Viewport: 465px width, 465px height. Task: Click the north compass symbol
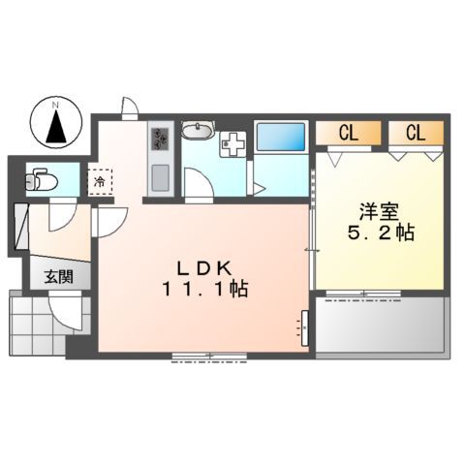pyautogui.click(x=56, y=122)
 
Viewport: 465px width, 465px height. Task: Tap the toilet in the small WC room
pyautogui.click(x=40, y=179)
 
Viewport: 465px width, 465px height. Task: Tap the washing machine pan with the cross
pyautogui.click(x=232, y=143)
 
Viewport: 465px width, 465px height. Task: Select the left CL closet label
pyautogui.click(x=348, y=134)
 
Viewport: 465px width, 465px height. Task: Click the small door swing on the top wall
pyautogui.click(x=129, y=106)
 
